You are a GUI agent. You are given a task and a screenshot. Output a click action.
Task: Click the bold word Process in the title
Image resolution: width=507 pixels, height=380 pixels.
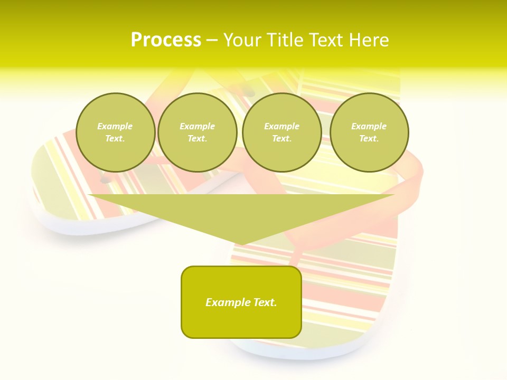166,40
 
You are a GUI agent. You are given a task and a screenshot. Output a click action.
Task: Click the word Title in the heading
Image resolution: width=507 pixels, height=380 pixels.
284,40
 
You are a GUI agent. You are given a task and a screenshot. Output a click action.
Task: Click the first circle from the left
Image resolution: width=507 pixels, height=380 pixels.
115,132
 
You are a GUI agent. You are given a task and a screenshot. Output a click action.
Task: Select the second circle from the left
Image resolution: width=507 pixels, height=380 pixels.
197,132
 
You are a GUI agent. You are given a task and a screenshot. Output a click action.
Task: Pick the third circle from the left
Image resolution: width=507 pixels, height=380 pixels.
281,132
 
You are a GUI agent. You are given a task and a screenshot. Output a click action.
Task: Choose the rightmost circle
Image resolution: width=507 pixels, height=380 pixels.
369,132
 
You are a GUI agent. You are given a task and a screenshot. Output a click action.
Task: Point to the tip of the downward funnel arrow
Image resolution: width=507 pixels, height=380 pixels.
241,244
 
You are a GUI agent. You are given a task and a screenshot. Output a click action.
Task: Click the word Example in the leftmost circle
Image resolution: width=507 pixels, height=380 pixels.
115,126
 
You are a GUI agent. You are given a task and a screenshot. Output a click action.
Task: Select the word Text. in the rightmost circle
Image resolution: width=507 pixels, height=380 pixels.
369,139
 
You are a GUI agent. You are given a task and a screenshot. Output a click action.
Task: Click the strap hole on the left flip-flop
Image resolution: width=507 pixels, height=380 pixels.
105,180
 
